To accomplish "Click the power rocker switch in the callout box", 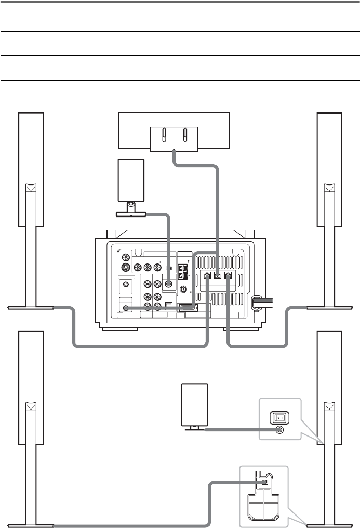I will (279, 417).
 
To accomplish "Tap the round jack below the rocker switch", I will (280, 430).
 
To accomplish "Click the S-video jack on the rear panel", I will (125, 269).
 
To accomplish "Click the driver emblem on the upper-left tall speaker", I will (31, 188).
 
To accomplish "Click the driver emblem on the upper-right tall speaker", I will (329, 188).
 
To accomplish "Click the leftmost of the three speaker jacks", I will (207, 276).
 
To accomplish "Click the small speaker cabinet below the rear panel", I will (195, 404).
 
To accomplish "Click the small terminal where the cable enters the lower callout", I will (264, 482).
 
